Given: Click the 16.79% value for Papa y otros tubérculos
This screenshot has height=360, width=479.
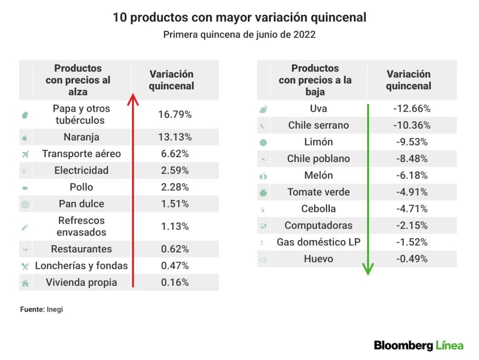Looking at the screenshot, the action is point(175,114).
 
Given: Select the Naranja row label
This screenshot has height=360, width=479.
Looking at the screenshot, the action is point(81,137).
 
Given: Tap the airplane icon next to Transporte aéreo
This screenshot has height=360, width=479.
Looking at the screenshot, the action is point(25,154).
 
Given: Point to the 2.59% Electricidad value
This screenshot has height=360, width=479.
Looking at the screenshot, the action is point(175,170).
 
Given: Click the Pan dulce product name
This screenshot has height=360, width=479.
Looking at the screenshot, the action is point(81,203).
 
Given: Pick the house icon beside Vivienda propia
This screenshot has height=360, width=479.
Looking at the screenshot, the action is point(25,283).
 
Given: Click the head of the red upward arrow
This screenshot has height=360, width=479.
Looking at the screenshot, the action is point(133,99).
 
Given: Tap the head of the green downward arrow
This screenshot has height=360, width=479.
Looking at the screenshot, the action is point(368,269).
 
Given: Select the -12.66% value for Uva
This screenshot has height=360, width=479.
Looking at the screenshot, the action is point(412,108).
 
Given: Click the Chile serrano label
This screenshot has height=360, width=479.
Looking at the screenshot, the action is point(319,125).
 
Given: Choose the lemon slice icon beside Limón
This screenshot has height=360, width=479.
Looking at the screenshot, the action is point(263,142).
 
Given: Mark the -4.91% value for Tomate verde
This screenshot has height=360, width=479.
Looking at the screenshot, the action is point(412,192).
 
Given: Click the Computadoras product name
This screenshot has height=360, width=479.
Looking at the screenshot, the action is point(319,225).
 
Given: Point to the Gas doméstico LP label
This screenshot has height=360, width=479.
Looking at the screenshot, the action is point(319,242).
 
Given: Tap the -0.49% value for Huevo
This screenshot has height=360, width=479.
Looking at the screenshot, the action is point(412,259).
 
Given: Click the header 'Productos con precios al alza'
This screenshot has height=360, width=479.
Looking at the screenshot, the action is point(78,80).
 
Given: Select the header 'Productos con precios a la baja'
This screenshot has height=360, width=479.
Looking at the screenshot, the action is point(315,80).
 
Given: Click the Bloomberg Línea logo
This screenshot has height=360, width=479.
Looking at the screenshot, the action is point(419,345).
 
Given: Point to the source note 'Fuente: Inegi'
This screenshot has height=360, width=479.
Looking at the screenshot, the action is point(42,309).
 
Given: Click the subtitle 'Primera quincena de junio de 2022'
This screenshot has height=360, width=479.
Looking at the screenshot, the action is point(239,34).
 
